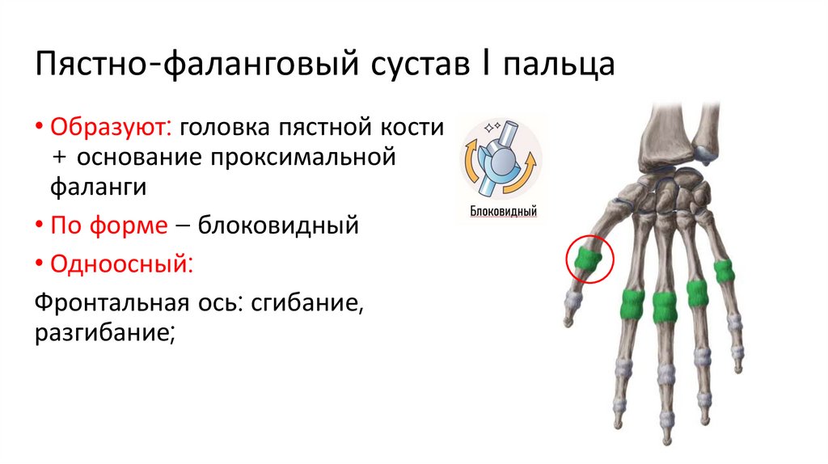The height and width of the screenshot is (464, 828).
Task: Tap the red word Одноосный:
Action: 121,263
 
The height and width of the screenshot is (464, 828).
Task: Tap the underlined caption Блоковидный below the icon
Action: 504,212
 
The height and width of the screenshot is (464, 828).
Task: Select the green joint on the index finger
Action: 632,306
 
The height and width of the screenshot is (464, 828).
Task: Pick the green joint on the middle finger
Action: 665,306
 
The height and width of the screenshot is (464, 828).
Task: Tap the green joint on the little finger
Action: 724,271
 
